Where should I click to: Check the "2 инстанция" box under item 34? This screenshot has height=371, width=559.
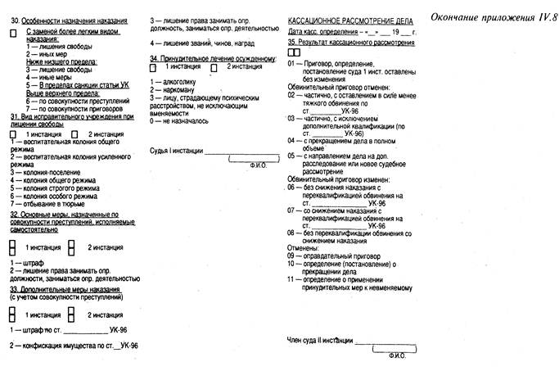214,68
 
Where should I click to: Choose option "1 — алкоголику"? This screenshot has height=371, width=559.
173,83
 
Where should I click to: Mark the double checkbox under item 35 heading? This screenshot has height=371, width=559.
295,51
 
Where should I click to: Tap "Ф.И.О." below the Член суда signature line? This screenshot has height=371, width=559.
398,356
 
